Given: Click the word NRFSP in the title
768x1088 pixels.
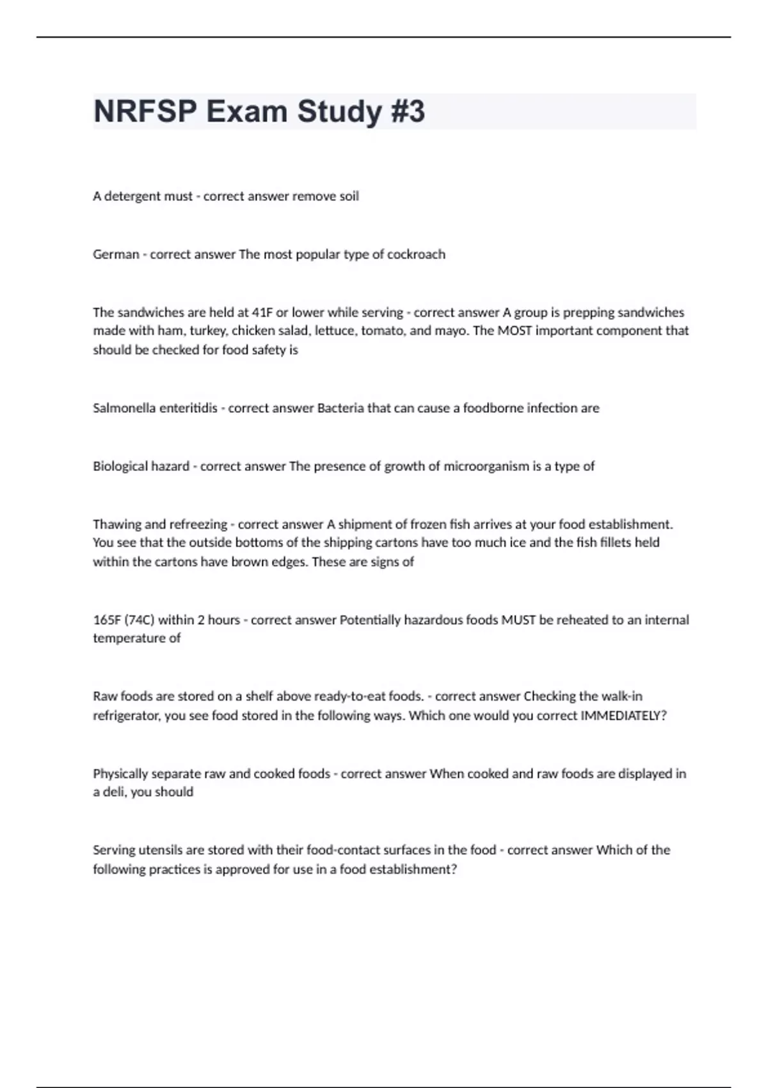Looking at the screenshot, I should point(145,111).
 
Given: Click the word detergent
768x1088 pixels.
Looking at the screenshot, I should point(132,196).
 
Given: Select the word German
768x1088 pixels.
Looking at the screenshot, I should point(116,254).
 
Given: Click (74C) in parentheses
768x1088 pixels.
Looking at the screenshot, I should point(140,620).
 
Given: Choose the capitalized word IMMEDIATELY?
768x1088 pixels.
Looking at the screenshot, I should point(623,716).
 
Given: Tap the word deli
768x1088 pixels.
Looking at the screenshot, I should point(113,792).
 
